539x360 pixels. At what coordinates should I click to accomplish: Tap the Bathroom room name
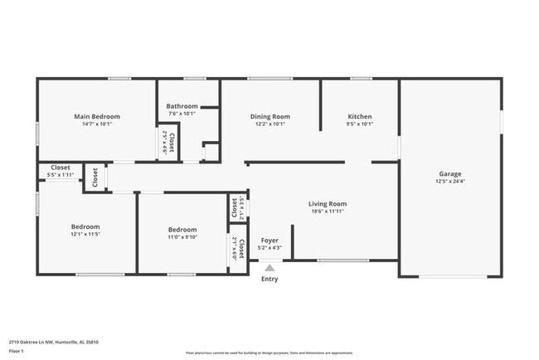pyautogui.click(x=182, y=106)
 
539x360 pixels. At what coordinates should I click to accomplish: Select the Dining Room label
pyautogui.click(x=270, y=117)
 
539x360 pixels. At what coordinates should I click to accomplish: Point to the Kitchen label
pyautogui.click(x=360, y=117)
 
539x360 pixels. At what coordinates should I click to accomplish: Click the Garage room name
pyautogui.click(x=450, y=174)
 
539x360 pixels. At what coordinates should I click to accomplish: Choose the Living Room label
pyautogui.click(x=328, y=203)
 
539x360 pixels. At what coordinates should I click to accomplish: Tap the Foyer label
pyautogui.click(x=270, y=240)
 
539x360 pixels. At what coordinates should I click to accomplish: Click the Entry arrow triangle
pyautogui.click(x=269, y=267)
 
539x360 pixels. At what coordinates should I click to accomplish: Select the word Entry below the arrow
pyautogui.click(x=270, y=279)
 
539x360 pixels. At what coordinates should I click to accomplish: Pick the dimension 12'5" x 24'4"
pyautogui.click(x=450, y=182)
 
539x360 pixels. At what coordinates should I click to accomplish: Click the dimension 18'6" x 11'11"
pyautogui.click(x=328, y=211)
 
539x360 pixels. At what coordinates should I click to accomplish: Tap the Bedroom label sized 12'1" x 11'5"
pyautogui.click(x=85, y=226)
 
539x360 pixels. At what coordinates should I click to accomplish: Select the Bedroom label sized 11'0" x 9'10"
pyautogui.click(x=182, y=230)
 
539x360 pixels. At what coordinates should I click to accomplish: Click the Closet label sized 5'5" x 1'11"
pyautogui.click(x=61, y=168)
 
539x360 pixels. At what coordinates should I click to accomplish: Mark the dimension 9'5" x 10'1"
pyautogui.click(x=360, y=124)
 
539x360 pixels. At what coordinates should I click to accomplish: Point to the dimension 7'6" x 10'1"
pyautogui.click(x=182, y=114)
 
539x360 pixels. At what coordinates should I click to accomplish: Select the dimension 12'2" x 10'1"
pyautogui.click(x=270, y=124)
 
